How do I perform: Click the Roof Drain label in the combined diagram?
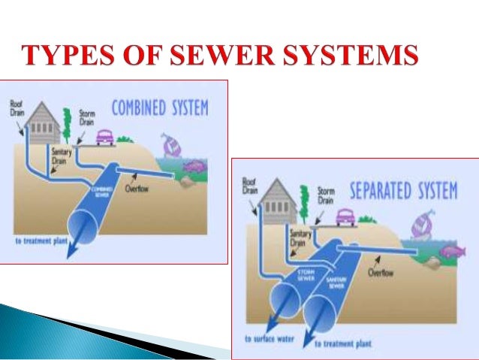click(17, 107)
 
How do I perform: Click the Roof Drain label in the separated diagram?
click(250, 186)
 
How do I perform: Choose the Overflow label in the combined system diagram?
click(138, 189)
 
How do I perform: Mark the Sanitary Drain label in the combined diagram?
click(61, 156)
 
